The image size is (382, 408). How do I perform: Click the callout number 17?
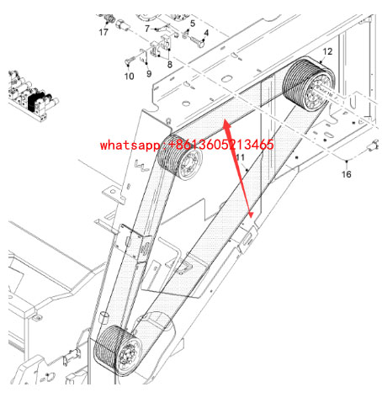[x=103, y=32]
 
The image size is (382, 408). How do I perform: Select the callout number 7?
[x=147, y=29]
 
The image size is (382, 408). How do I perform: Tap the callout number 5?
[x=193, y=24]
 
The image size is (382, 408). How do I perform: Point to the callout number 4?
[x=206, y=33]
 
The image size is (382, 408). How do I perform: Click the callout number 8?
[x=169, y=65]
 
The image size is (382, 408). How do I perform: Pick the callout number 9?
[x=149, y=74]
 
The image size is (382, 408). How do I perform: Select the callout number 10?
[x=129, y=76]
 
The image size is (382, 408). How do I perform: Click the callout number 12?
[x=327, y=51]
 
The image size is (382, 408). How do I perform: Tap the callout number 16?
[x=346, y=174]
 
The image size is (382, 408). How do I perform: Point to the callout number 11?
[x=240, y=157]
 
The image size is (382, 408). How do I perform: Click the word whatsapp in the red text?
[x=130, y=145]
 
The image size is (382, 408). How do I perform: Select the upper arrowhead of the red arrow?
[x=226, y=125]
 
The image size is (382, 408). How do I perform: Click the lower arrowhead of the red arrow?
[x=251, y=215]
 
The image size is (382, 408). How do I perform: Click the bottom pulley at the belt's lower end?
[x=118, y=351]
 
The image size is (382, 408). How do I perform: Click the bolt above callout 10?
[x=130, y=60]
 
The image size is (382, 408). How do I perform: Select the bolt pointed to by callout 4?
[x=198, y=42]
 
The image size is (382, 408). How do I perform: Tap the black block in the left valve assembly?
[x=36, y=102]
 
